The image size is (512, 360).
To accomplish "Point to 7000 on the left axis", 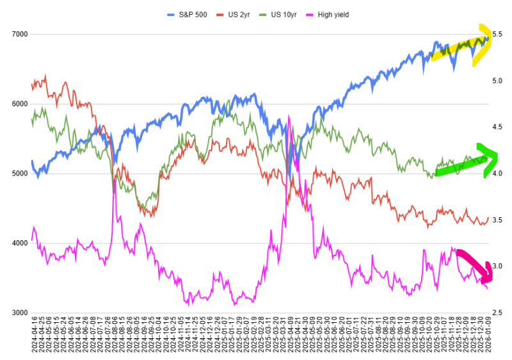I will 17,35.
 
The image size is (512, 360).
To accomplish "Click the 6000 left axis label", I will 17,104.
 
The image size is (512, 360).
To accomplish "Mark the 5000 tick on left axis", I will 17,174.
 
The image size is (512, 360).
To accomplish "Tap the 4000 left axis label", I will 17,243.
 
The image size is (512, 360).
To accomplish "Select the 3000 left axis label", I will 17,313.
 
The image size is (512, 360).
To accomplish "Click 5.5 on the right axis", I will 497,35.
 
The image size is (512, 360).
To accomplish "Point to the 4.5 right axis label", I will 497,127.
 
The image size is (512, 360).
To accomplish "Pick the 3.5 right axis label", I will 497,220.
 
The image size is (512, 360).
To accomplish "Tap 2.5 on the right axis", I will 497,313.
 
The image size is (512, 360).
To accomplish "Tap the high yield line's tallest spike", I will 289,117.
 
